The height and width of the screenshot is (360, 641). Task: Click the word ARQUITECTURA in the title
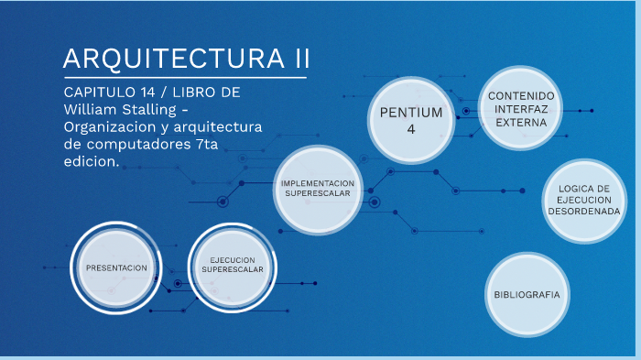(x=171, y=58)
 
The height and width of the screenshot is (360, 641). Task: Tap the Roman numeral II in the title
(x=297, y=58)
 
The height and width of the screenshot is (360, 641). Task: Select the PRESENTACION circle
(x=115, y=267)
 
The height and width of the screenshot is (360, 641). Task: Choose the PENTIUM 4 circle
(x=410, y=120)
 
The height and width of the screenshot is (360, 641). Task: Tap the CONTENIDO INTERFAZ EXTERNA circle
(x=520, y=109)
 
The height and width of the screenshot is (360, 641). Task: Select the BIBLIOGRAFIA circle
(x=527, y=294)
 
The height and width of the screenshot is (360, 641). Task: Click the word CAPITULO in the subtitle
(x=98, y=93)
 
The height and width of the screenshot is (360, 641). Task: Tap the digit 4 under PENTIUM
(x=411, y=129)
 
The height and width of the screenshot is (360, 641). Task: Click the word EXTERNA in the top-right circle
(x=520, y=122)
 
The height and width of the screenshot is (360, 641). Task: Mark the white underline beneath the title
(x=183, y=78)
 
